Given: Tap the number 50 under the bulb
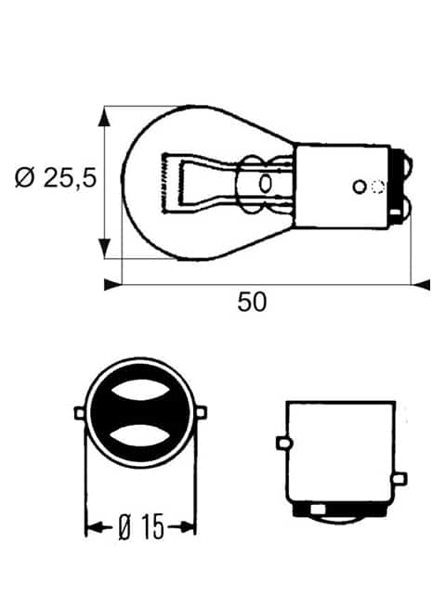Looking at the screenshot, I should coord(252,303).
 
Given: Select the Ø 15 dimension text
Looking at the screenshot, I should coord(140,528).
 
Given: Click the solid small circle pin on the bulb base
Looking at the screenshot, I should coord(360,187).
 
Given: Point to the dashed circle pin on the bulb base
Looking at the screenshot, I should coord(377,187).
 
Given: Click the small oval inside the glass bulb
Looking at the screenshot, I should coord(265,184).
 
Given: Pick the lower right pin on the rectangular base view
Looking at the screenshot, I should coord(400,479).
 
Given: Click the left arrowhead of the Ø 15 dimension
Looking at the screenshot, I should coord(92,528).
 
